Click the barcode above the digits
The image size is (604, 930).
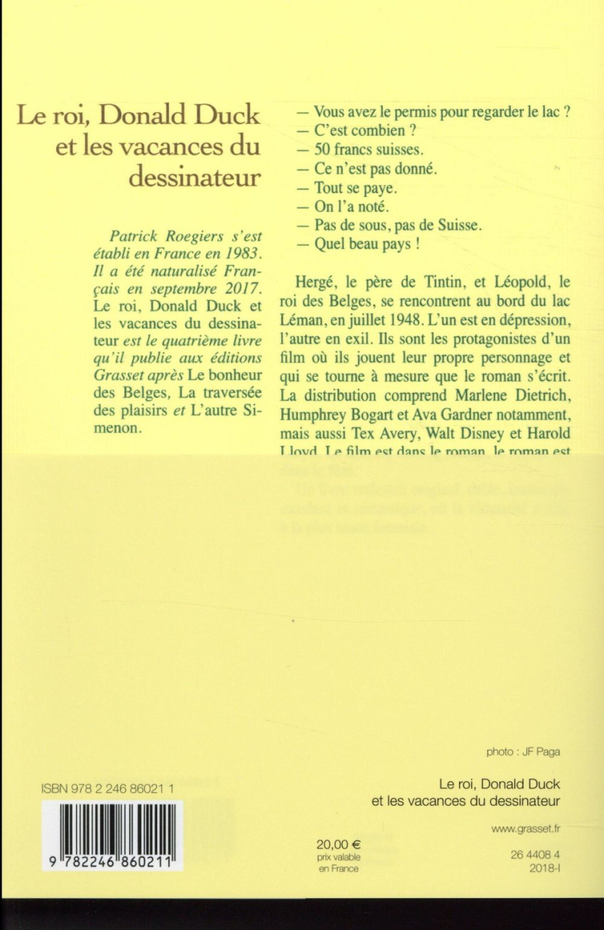click(x=112, y=827)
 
